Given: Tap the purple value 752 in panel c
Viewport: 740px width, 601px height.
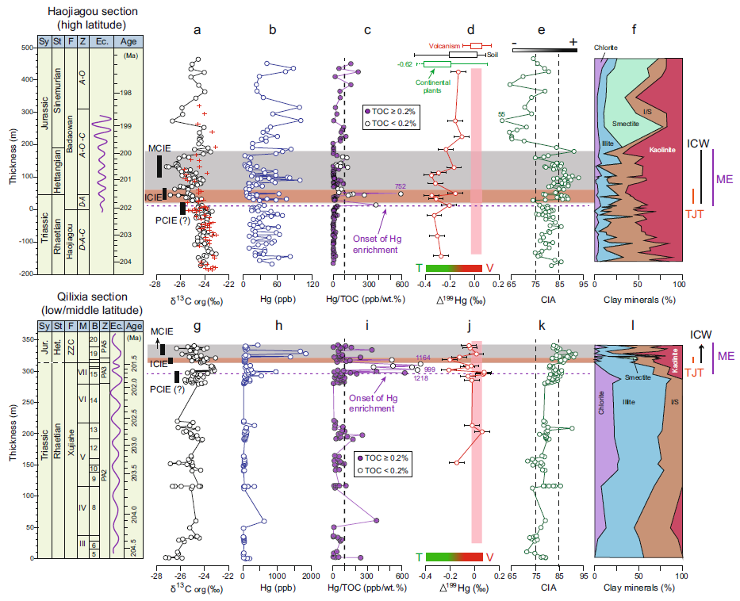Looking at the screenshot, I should [401, 186].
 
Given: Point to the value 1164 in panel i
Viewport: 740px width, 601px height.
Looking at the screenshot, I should [421, 358].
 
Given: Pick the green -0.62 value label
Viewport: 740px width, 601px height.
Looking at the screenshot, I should [405, 64].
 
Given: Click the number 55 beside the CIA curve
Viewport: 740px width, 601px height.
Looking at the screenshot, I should [501, 114].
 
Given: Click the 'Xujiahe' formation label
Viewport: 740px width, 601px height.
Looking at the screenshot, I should [71, 455].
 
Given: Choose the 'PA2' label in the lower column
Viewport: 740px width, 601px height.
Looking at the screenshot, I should [104, 473].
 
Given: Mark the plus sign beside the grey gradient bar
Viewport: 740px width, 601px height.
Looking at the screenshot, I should [572, 40].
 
